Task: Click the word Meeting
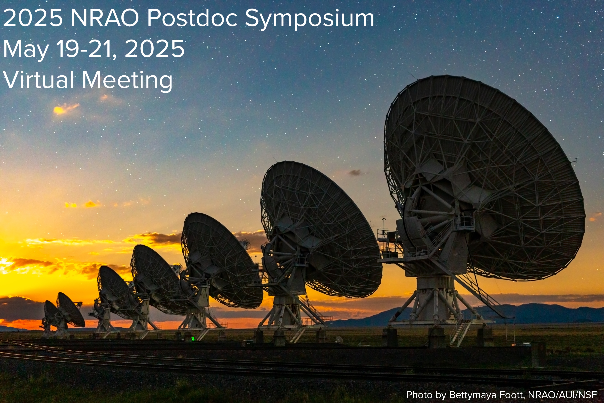[127, 81]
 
